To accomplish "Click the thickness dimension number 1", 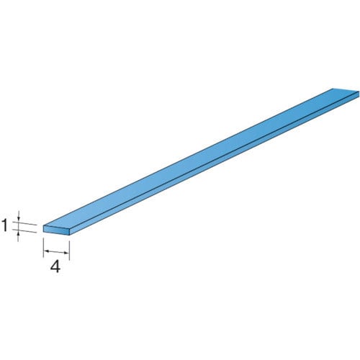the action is [4, 226].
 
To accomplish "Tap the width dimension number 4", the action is [55, 266].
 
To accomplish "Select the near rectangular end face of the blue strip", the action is [56, 229].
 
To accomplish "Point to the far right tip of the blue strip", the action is [359, 92].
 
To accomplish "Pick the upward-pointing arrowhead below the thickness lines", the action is [19, 232].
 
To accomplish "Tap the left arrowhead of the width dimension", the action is [46, 251].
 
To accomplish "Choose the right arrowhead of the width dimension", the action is [66, 253].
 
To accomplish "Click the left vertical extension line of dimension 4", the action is [43, 248].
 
